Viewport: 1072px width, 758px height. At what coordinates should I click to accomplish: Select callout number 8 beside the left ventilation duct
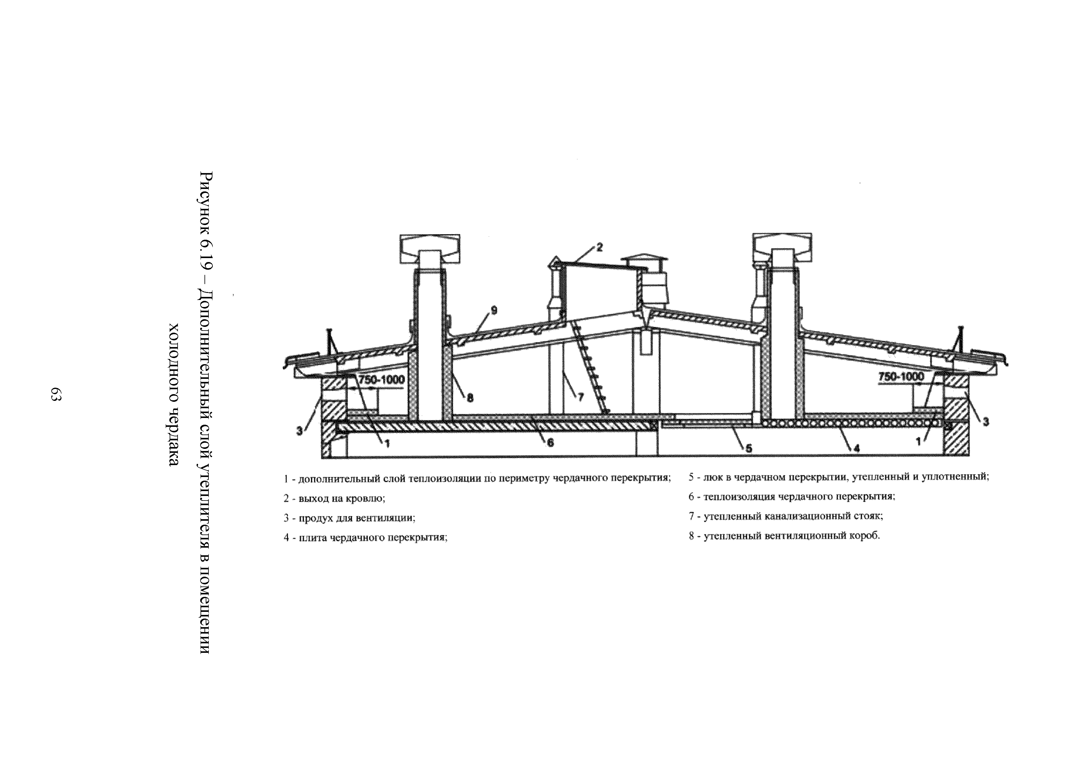click(470, 398)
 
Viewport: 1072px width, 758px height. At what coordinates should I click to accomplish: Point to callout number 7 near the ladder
click(580, 397)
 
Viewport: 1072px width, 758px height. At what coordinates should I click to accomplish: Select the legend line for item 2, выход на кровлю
click(334, 498)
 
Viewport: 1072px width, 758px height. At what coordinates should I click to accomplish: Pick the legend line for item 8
click(784, 536)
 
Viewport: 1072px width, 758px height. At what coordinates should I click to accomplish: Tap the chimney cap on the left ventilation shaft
click(430, 248)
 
